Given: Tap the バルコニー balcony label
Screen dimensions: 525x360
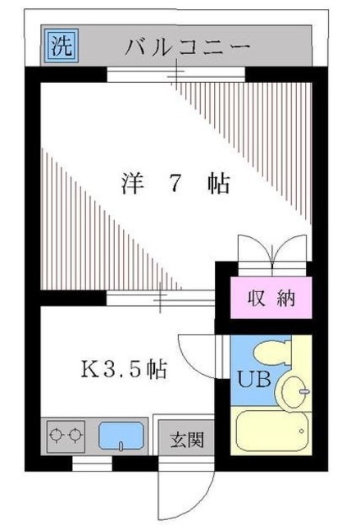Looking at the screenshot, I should point(187,47).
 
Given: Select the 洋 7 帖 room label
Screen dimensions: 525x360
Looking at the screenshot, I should point(175,182).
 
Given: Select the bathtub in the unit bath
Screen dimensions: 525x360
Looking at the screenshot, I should point(271,431).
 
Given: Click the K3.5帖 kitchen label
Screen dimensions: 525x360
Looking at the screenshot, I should point(124,369).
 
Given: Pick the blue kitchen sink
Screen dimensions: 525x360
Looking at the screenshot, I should point(123,435).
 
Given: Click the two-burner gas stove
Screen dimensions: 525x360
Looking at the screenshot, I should point(66,434).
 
